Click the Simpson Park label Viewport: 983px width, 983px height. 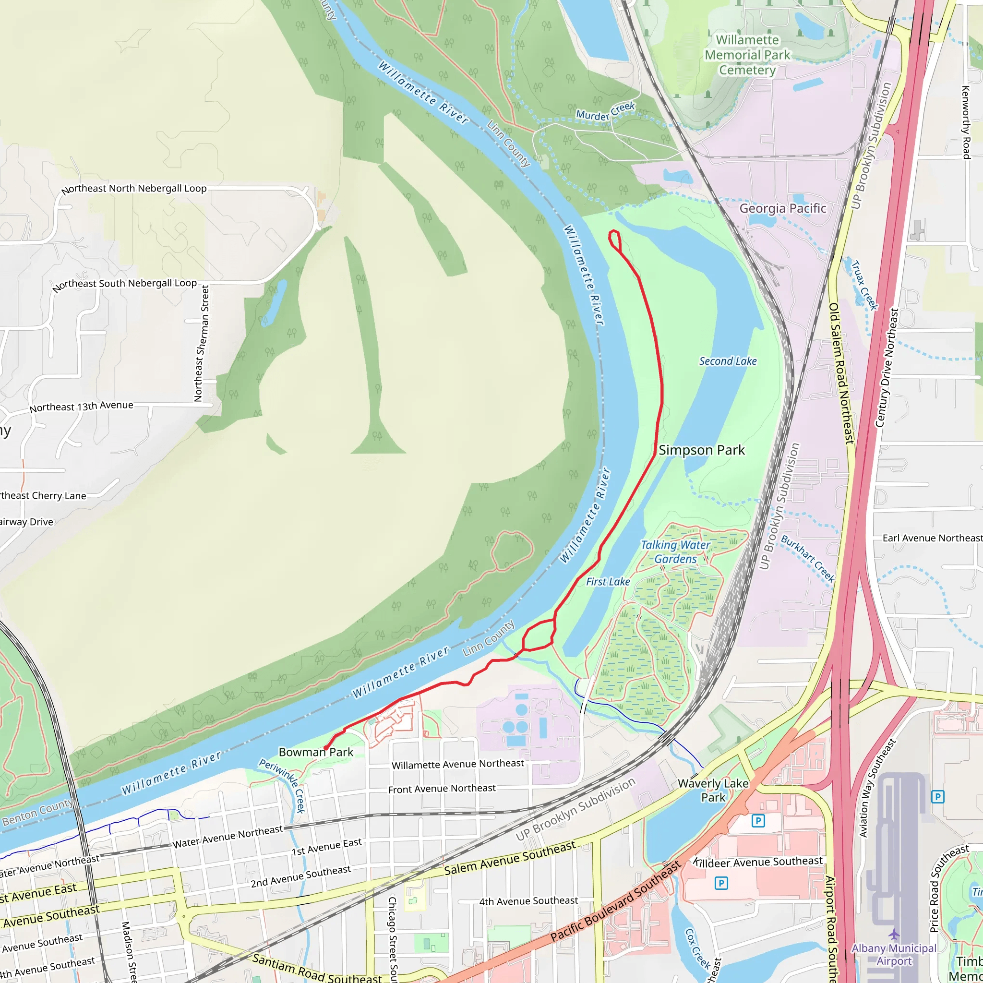(x=701, y=450)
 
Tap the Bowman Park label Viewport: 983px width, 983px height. (x=315, y=752)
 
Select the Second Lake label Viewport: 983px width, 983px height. (x=728, y=361)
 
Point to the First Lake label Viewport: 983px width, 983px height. (x=608, y=582)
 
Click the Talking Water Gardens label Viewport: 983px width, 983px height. (x=675, y=552)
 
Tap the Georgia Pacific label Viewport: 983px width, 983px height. (x=782, y=209)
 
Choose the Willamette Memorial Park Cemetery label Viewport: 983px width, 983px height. (x=747, y=55)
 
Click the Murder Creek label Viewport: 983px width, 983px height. (x=605, y=111)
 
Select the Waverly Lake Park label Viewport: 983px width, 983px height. (x=713, y=790)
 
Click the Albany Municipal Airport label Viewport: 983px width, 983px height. (x=894, y=955)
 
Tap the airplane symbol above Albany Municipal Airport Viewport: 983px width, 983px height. (x=894, y=934)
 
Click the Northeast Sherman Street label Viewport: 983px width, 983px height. (x=202, y=344)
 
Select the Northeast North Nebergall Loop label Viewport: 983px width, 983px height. (x=134, y=189)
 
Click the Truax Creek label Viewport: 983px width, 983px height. (x=864, y=286)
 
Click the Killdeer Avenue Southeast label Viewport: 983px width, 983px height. (x=758, y=862)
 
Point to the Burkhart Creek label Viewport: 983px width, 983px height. (x=807, y=559)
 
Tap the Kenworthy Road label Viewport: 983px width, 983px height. (x=965, y=122)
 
